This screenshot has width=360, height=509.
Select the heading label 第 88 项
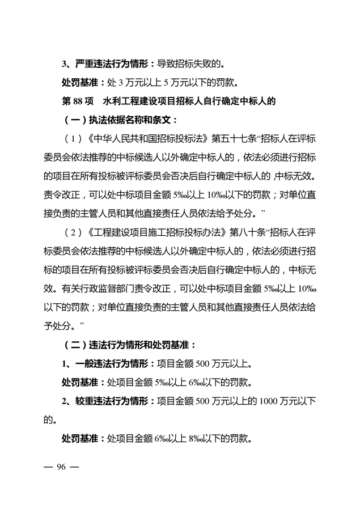(x=77, y=101)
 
